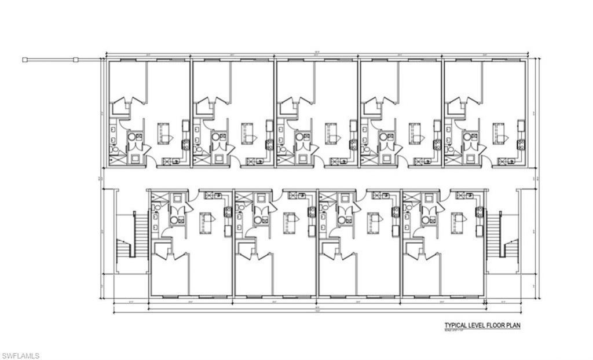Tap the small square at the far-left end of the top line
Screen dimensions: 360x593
point(25,59)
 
